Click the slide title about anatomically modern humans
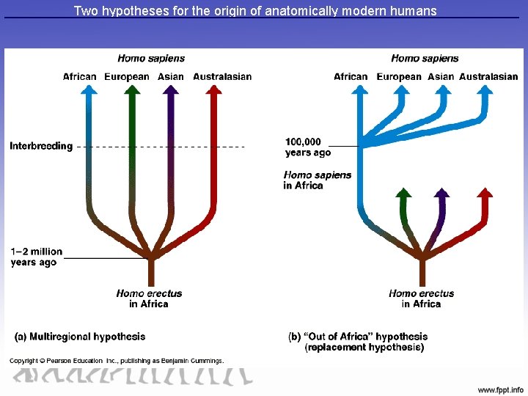[255, 11]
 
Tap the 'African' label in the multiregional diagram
[79, 77]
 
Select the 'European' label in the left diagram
[126, 77]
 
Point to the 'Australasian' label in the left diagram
[222, 77]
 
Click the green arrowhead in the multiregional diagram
[132, 91]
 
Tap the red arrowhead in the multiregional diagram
[214, 91]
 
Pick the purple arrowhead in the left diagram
[171, 91]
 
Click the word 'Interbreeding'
[41, 146]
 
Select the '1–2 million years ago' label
[37, 257]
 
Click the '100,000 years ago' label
[308, 147]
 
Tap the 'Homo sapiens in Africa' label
[317, 180]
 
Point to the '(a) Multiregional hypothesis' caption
[80, 337]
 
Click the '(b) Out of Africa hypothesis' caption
[356, 342]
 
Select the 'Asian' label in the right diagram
[441, 77]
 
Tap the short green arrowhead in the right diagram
[403, 194]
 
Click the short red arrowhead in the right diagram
[485, 194]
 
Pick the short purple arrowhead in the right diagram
[441, 194]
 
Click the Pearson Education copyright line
[116, 360]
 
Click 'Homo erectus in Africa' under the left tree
[149, 298]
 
